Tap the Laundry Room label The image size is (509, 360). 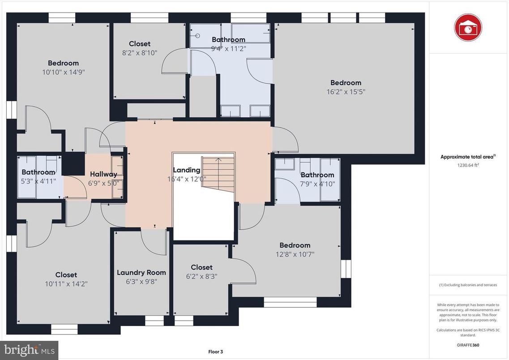(x=141, y=272)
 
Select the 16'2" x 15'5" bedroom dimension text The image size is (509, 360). (x=346, y=92)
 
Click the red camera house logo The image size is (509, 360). (x=468, y=27)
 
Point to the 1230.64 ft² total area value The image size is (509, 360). (x=468, y=165)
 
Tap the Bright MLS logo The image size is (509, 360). (x=29, y=348)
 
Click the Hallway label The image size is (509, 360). (x=103, y=174)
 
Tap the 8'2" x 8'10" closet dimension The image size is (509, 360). (x=140, y=52)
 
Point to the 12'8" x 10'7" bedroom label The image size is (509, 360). (x=295, y=245)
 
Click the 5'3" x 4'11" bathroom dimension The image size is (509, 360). (x=38, y=181)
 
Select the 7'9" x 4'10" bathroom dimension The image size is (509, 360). (x=317, y=184)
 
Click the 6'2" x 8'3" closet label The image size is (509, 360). (x=201, y=267)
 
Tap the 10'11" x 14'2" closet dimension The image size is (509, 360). (x=66, y=283)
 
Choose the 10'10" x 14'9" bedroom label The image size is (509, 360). (x=63, y=63)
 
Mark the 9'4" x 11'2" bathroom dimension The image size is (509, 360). (x=228, y=48)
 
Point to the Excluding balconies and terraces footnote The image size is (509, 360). (x=468, y=285)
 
